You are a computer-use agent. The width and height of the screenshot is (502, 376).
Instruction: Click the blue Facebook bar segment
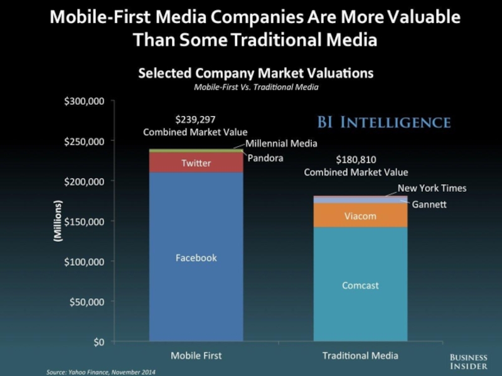tap(196, 257)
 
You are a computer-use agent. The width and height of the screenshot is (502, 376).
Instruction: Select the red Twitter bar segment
tap(196, 162)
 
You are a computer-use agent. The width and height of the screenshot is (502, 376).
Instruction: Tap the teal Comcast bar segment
tap(360, 285)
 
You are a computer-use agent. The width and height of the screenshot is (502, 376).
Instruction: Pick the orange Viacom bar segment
tap(360, 216)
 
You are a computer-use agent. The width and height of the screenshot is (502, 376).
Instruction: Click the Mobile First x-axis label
tap(196, 356)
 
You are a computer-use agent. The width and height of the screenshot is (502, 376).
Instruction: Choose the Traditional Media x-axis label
tap(360, 356)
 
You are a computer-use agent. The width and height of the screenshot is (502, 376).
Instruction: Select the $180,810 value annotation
tap(356, 160)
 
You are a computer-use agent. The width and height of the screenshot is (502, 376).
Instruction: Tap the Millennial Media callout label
tap(281, 144)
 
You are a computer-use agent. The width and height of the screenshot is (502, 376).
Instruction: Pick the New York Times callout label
tap(432, 188)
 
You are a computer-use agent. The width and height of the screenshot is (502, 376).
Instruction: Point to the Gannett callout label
tap(429, 204)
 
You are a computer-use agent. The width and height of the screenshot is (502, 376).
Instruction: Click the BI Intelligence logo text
tap(395, 122)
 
